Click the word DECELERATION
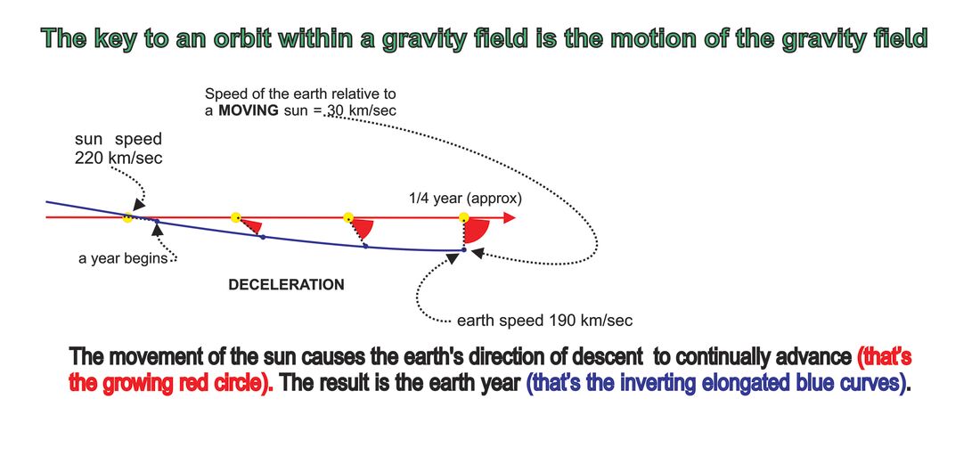(x=286, y=285)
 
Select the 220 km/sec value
(x=118, y=158)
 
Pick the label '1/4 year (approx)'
(x=464, y=199)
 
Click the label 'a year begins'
(x=123, y=258)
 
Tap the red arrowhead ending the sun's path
(x=509, y=217)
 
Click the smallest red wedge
(x=251, y=224)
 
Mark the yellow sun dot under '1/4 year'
(x=464, y=217)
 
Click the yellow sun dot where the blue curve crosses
(x=127, y=217)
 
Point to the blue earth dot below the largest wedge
(x=464, y=249)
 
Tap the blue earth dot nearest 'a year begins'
(x=157, y=222)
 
